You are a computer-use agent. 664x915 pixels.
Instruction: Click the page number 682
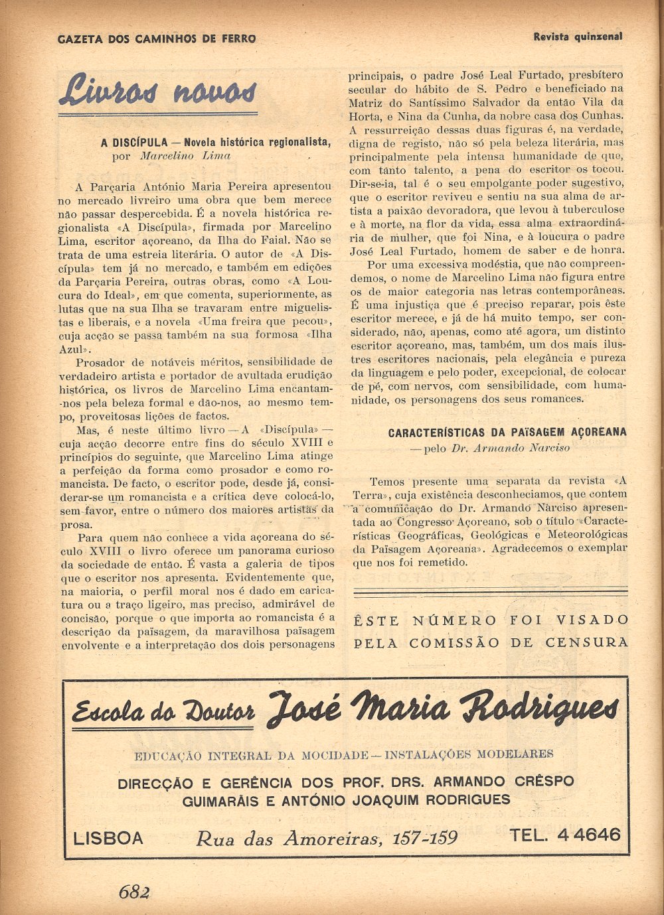(x=134, y=892)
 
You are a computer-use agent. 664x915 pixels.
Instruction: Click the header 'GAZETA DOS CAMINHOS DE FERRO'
(x=157, y=39)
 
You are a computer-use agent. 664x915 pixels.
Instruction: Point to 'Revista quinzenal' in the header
(x=578, y=37)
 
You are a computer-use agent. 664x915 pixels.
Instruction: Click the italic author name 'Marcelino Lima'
(x=185, y=156)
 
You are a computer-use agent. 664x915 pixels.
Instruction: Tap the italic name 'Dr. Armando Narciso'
(x=510, y=448)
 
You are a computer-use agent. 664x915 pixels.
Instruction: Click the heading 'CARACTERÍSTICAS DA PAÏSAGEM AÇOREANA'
(x=507, y=433)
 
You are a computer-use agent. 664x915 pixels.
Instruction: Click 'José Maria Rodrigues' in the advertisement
(x=443, y=708)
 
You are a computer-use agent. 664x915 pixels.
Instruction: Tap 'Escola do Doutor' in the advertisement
(x=163, y=712)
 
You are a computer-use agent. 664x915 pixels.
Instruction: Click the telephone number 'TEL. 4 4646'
(x=565, y=835)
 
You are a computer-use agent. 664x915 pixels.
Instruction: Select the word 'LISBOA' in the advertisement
(x=108, y=838)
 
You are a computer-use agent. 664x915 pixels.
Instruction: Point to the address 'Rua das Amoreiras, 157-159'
(x=326, y=839)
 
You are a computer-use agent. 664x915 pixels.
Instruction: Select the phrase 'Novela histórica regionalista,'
(x=257, y=142)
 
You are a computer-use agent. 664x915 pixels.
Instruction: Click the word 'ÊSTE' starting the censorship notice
(x=376, y=620)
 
